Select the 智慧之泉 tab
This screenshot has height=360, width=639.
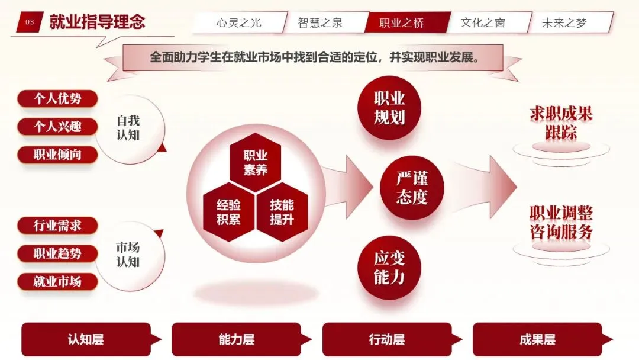pos(320,23)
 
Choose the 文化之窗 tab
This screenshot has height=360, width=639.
pos(483,23)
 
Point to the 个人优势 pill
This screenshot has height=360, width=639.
pos(57,98)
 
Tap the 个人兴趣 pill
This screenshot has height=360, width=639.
pos(57,127)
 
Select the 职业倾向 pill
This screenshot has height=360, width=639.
pos(57,155)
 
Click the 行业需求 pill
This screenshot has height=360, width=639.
pos(57,226)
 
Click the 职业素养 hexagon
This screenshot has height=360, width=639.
pos(255,163)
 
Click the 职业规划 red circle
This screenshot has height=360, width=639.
pos(389,108)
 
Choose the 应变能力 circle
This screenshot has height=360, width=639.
pos(389,268)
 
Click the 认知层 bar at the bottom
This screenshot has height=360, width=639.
pos(86,339)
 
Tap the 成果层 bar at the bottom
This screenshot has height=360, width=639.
pos(537,339)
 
